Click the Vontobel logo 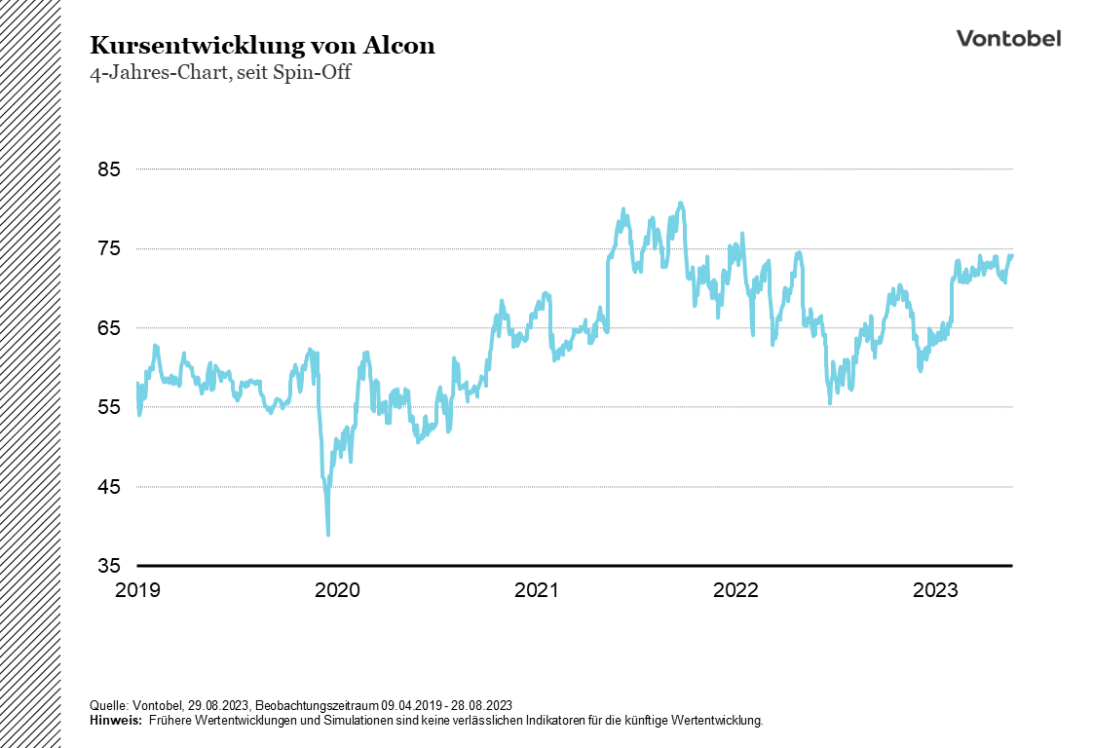pyautogui.click(x=1008, y=38)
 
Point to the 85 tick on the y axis pyautogui.click(x=108, y=169)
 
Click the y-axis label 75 pyautogui.click(x=108, y=248)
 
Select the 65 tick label pyautogui.click(x=108, y=328)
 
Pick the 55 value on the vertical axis pyautogui.click(x=108, y=407)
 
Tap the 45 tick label pyautogui.click(x=108, y=487)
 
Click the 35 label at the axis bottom pyautogui.click(x=108, y=566)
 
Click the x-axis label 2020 pyautogui.click(x=338, y=590)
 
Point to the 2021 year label pyautogui.click(x=537, y=590)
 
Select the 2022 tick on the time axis pyautogui.click(x=736, y=590)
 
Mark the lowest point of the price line pyautogui.click(x=328, y=534)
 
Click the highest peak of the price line pyautogui.click(x=681, y=203)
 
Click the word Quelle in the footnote pyautogui.click(x=107, y=704)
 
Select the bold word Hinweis pyautogui.click(x=114, y=720)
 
